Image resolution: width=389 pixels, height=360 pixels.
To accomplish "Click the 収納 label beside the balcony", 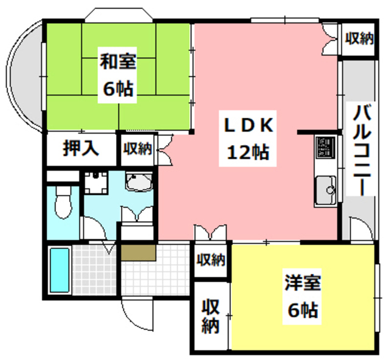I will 359,39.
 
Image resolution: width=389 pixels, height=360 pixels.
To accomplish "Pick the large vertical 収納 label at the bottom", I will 211,315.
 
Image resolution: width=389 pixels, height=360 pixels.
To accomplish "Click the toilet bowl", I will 62,202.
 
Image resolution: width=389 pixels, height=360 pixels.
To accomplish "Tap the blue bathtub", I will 59,269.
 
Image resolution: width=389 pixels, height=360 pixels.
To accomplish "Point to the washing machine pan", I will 96,182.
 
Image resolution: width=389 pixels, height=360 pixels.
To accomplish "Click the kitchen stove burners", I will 325,148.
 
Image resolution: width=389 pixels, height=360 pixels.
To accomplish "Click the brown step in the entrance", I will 139,251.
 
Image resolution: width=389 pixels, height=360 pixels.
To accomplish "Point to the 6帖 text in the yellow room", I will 302,311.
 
